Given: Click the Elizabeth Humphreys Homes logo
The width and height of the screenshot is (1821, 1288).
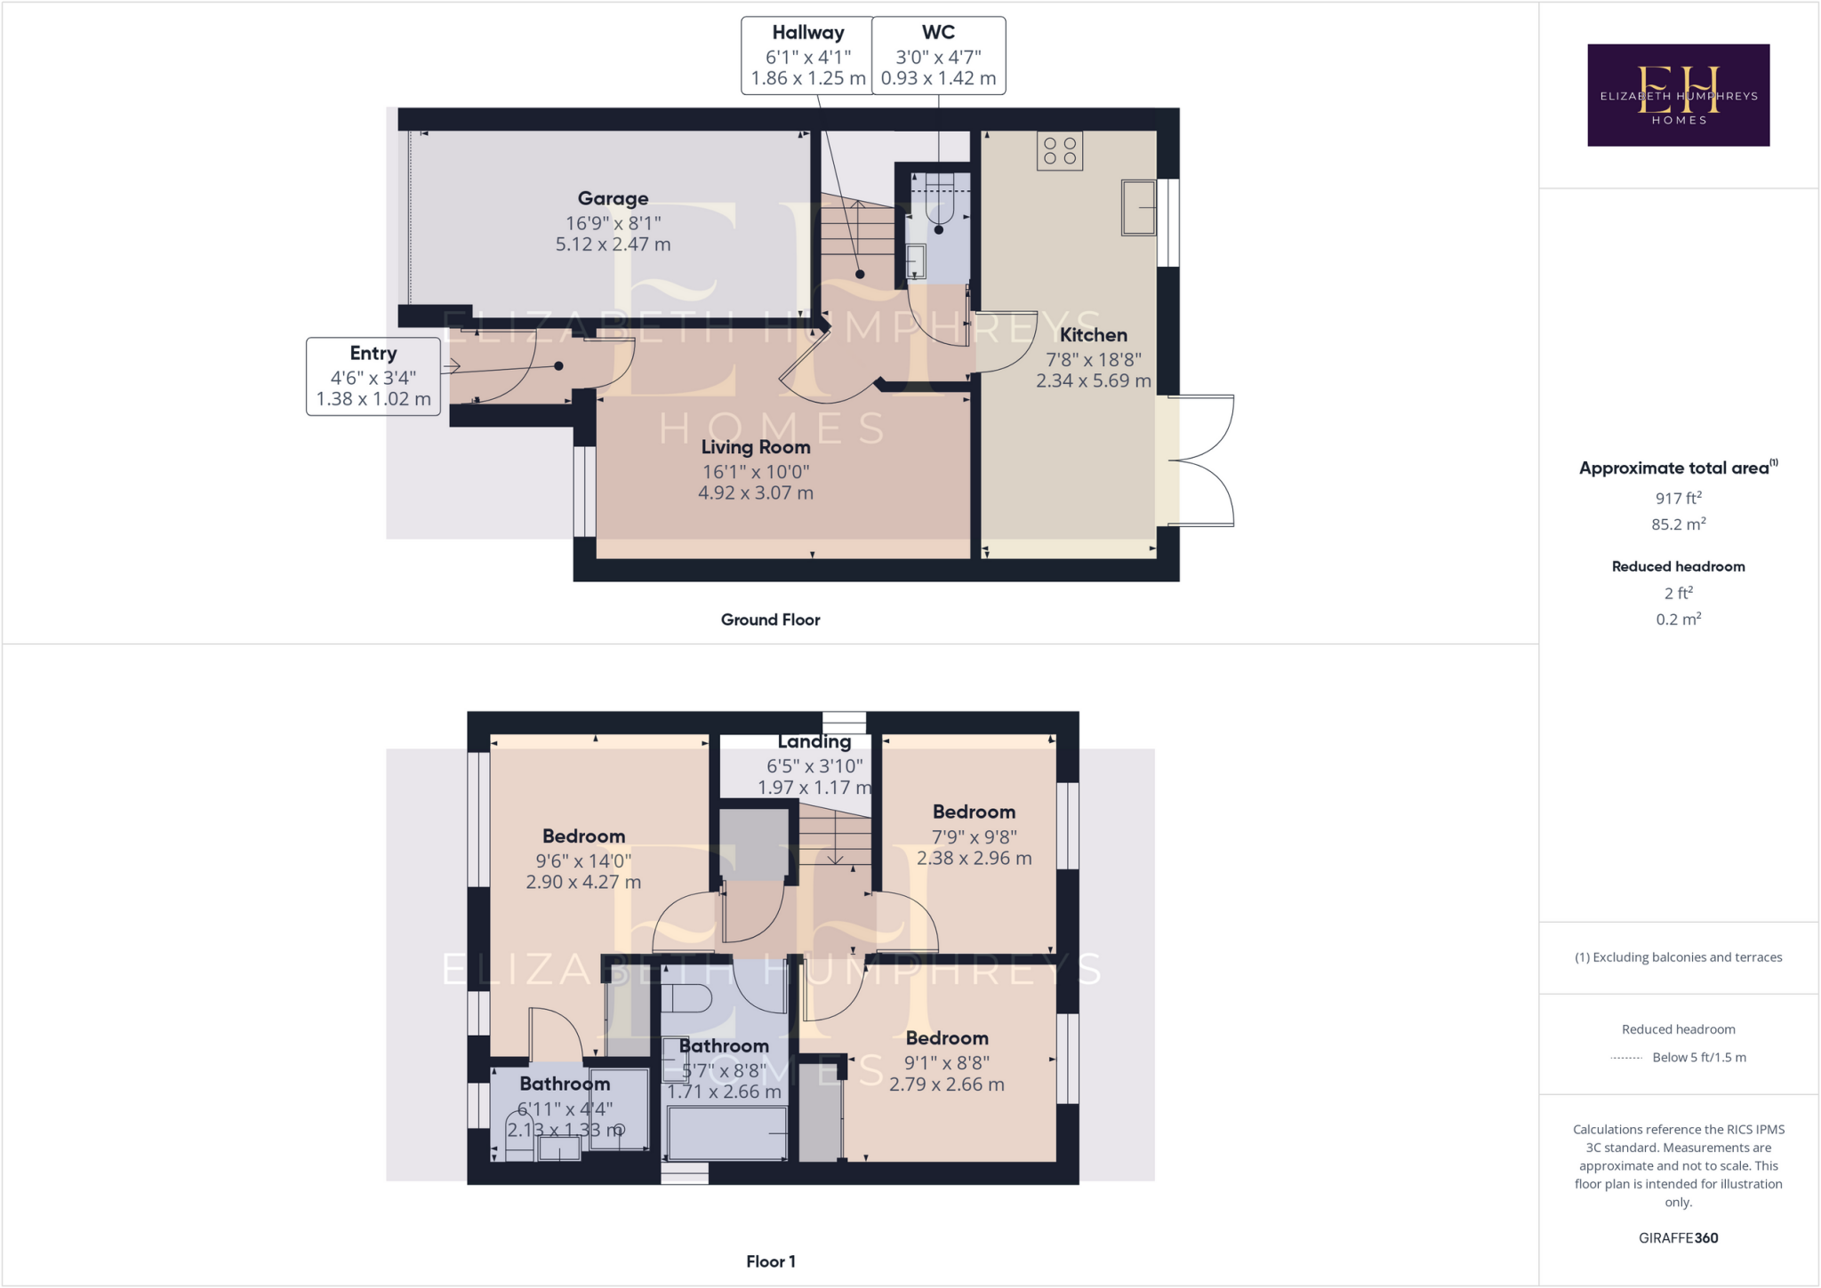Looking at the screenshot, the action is coord(1678,95).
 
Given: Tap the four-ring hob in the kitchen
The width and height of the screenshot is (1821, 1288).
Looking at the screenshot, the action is coord(1059,151).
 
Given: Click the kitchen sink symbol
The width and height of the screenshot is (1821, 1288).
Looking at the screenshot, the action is coord(1138,207).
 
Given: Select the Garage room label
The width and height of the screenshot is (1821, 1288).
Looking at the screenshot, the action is coord(613,198).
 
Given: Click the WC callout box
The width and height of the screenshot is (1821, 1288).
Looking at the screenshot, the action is coord(938,55).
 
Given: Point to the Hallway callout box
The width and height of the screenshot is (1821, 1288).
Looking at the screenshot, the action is coord(807,55).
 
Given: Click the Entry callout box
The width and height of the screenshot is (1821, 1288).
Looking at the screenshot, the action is coord(373,376).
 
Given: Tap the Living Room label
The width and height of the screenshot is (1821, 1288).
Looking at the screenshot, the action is coord(756,447).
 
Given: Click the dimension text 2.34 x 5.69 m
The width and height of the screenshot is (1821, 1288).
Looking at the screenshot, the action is coord(1093,380).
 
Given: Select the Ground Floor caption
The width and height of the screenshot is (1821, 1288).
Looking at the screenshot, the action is coord(770,620).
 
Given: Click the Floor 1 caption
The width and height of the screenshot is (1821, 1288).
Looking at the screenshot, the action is coord(770,1261).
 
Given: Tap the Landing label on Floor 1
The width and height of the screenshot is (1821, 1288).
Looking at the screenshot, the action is coord(814,741).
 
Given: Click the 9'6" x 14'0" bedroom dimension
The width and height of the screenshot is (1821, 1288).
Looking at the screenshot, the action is coord(583,860).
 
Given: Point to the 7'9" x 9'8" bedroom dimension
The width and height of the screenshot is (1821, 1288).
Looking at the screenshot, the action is coord(974,836).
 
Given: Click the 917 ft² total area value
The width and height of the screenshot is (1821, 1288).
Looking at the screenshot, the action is coord(1678,499).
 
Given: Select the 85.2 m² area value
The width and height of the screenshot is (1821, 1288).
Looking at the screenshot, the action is coord(1678,524).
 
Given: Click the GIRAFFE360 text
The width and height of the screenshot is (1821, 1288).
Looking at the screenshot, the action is coord(1678,1237).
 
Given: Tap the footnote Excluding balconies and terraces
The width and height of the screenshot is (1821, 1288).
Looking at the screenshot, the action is coord(1678,957).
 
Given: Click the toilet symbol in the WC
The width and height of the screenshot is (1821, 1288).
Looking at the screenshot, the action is coord(939,201).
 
